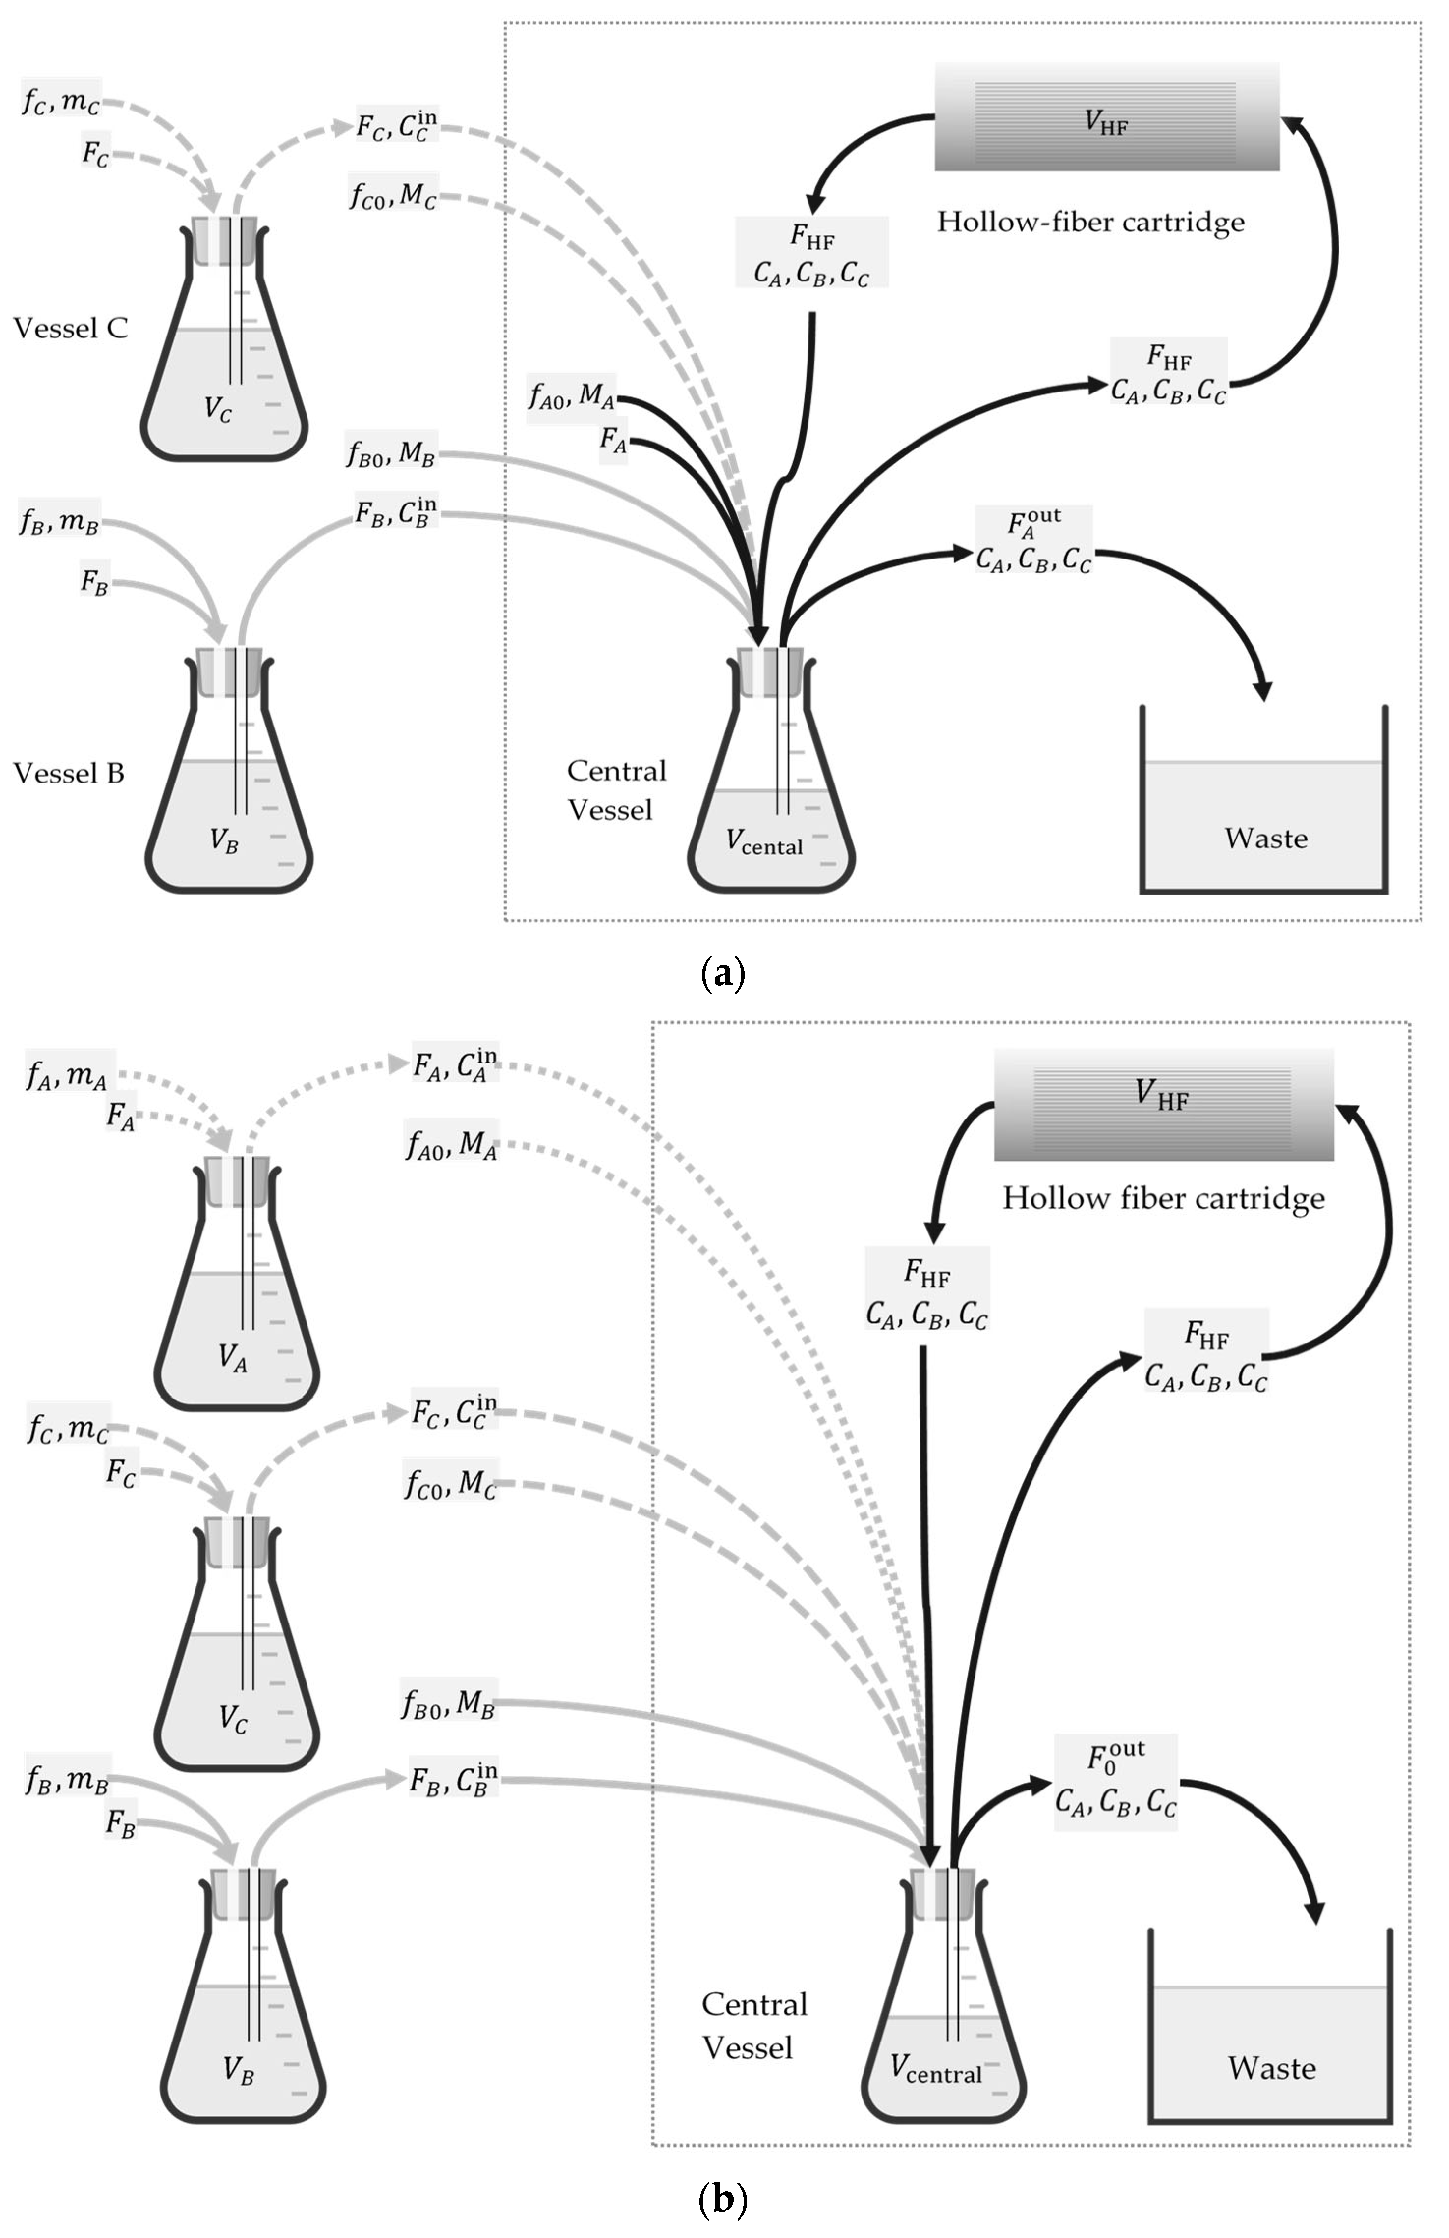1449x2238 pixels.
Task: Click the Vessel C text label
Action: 71,328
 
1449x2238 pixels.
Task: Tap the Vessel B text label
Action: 69,773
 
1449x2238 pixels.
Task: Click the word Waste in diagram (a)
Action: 1266,838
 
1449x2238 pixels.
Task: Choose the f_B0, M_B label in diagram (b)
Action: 448,1703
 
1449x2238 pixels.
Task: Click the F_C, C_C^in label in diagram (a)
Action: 396,127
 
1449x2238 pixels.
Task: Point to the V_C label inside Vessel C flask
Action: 218,410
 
